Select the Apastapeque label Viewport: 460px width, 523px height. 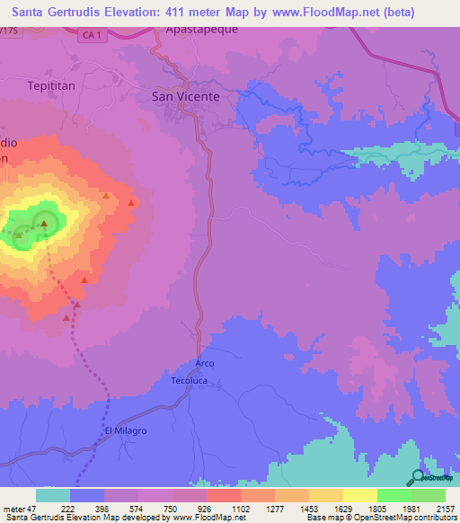(x=199, y=29)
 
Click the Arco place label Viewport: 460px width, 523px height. (x=204, y=363)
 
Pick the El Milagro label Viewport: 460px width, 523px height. (x=125, y=431)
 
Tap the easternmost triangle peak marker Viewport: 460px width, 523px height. (x=133, y=203)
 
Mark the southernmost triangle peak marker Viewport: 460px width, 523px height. (x=67, y=317)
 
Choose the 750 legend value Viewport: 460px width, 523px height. (x=174, y=509)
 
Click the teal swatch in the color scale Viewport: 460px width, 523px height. (x=53, y=495)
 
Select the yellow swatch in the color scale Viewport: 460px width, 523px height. (x=359, y=495)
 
